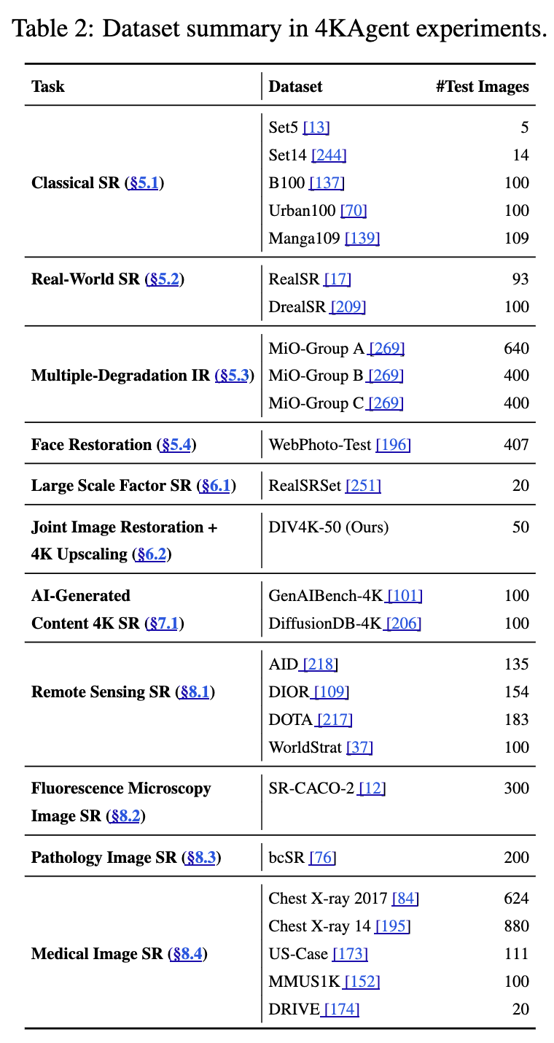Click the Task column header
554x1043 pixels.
(x=48, y=86)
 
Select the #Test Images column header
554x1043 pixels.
(x=482, y=86)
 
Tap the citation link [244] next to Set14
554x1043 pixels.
(x=329, y=155)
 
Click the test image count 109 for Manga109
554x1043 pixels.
(x=516, y=238)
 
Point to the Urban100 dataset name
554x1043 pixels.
(x=302, y=210)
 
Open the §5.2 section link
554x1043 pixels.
(x=164, y=279)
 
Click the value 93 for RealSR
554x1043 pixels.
(x=520, y=279)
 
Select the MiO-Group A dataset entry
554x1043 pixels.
(x=316, y=349)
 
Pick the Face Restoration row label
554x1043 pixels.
(x=91, y=444)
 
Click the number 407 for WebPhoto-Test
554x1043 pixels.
(x=516, y=444)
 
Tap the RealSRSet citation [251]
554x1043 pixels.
(x=363, y=485)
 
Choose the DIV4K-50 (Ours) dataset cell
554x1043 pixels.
(x=329, y=527)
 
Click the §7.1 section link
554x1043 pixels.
(x=165, y=623)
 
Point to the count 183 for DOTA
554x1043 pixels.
(x=516, y=719)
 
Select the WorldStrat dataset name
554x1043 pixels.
(x=306, y=747)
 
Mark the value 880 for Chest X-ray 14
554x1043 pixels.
(x=516, y=926)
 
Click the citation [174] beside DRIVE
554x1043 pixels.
(x=341, y=1009)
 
